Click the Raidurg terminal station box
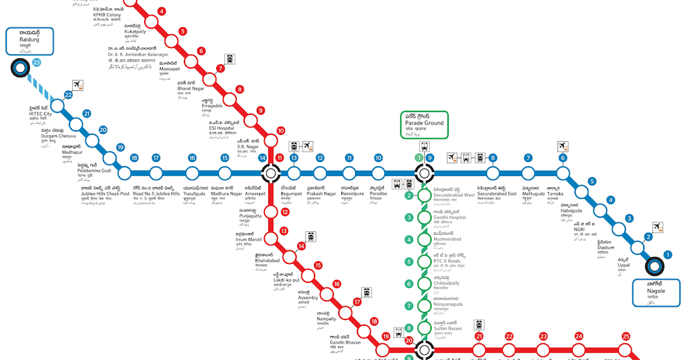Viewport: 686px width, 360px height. click(x=30, y=42)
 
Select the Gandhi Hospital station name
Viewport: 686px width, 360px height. click(x=449, y=217)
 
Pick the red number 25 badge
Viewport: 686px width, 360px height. click(x=625, y=337)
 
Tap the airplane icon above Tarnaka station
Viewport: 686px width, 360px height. click(x=563, y=146)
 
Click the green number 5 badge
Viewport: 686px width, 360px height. click(x=409, y=262)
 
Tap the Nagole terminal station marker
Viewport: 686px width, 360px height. click(x=656, y=266)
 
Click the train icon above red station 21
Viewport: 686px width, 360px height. click(x=479, y=325)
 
